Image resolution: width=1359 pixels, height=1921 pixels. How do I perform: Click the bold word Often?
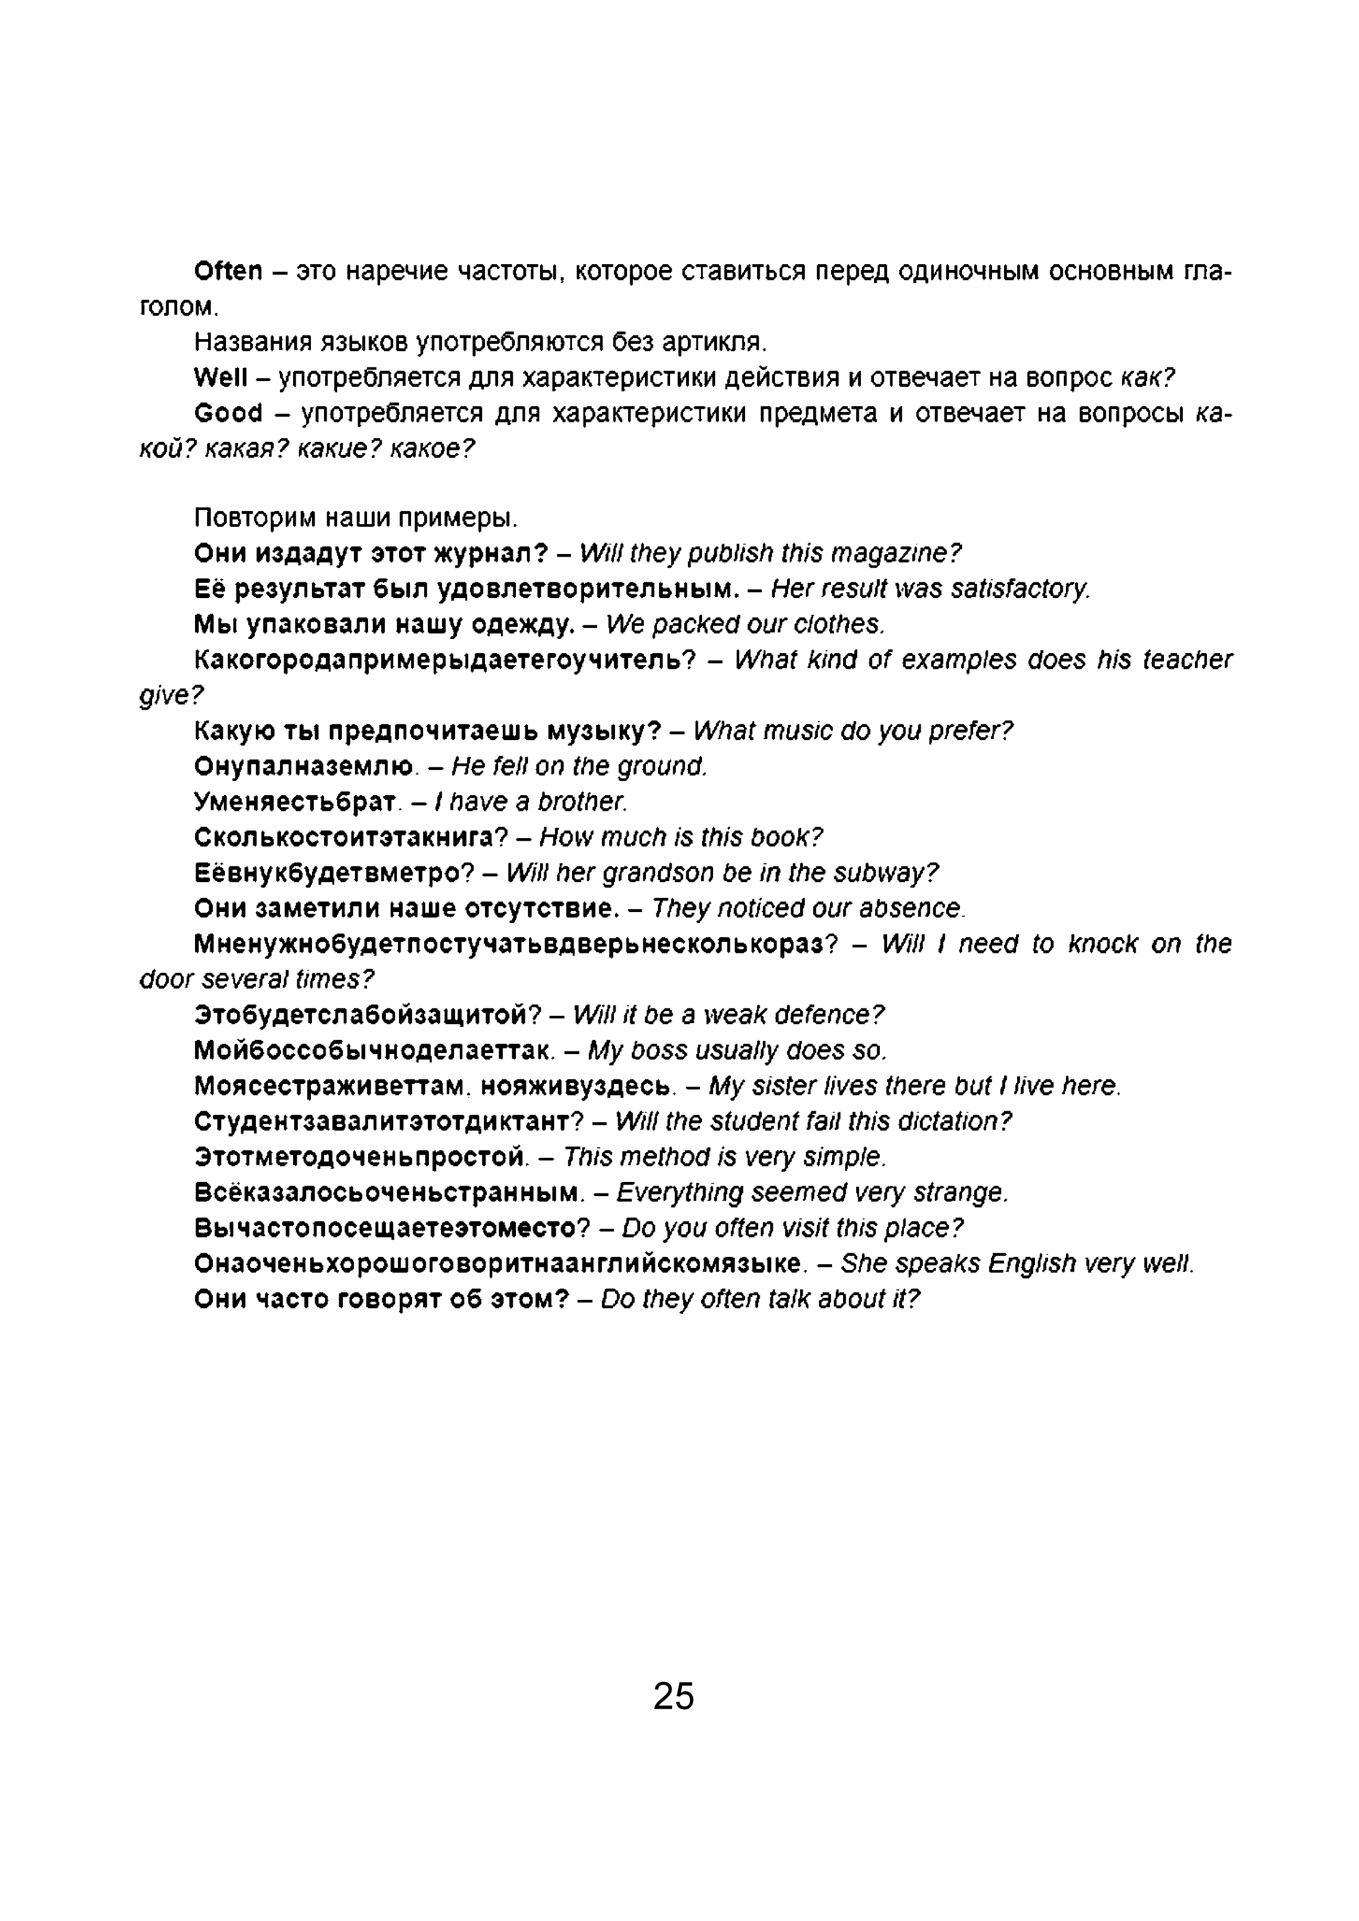tap(228, 271)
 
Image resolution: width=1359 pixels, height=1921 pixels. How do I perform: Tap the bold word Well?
tap(220, 378)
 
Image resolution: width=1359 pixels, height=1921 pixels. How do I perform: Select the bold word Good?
tap(228, 414)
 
